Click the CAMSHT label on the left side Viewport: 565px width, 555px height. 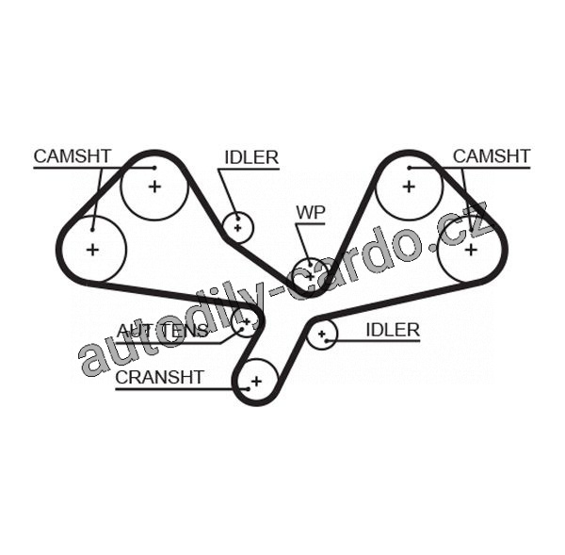click(73, 155)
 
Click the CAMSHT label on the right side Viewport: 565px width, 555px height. click(491, 155)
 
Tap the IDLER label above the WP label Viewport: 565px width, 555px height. click(251, 157)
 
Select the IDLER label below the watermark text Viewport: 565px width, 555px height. click(392, 329)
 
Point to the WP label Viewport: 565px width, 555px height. click(310, 212)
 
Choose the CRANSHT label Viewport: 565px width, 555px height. click(159, 377)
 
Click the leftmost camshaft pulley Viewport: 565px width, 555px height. click(92, 249)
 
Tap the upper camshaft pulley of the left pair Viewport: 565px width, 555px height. click(154, 186)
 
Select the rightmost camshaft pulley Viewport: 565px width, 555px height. click(470, 248)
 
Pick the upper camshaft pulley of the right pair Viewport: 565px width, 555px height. click(409, 186)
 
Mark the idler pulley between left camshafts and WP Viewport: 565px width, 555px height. click(237, 226)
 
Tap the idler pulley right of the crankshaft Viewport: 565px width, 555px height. click(322, 333)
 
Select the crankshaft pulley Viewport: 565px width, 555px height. click(254, 382)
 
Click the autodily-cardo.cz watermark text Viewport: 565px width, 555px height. click(282, 292)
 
